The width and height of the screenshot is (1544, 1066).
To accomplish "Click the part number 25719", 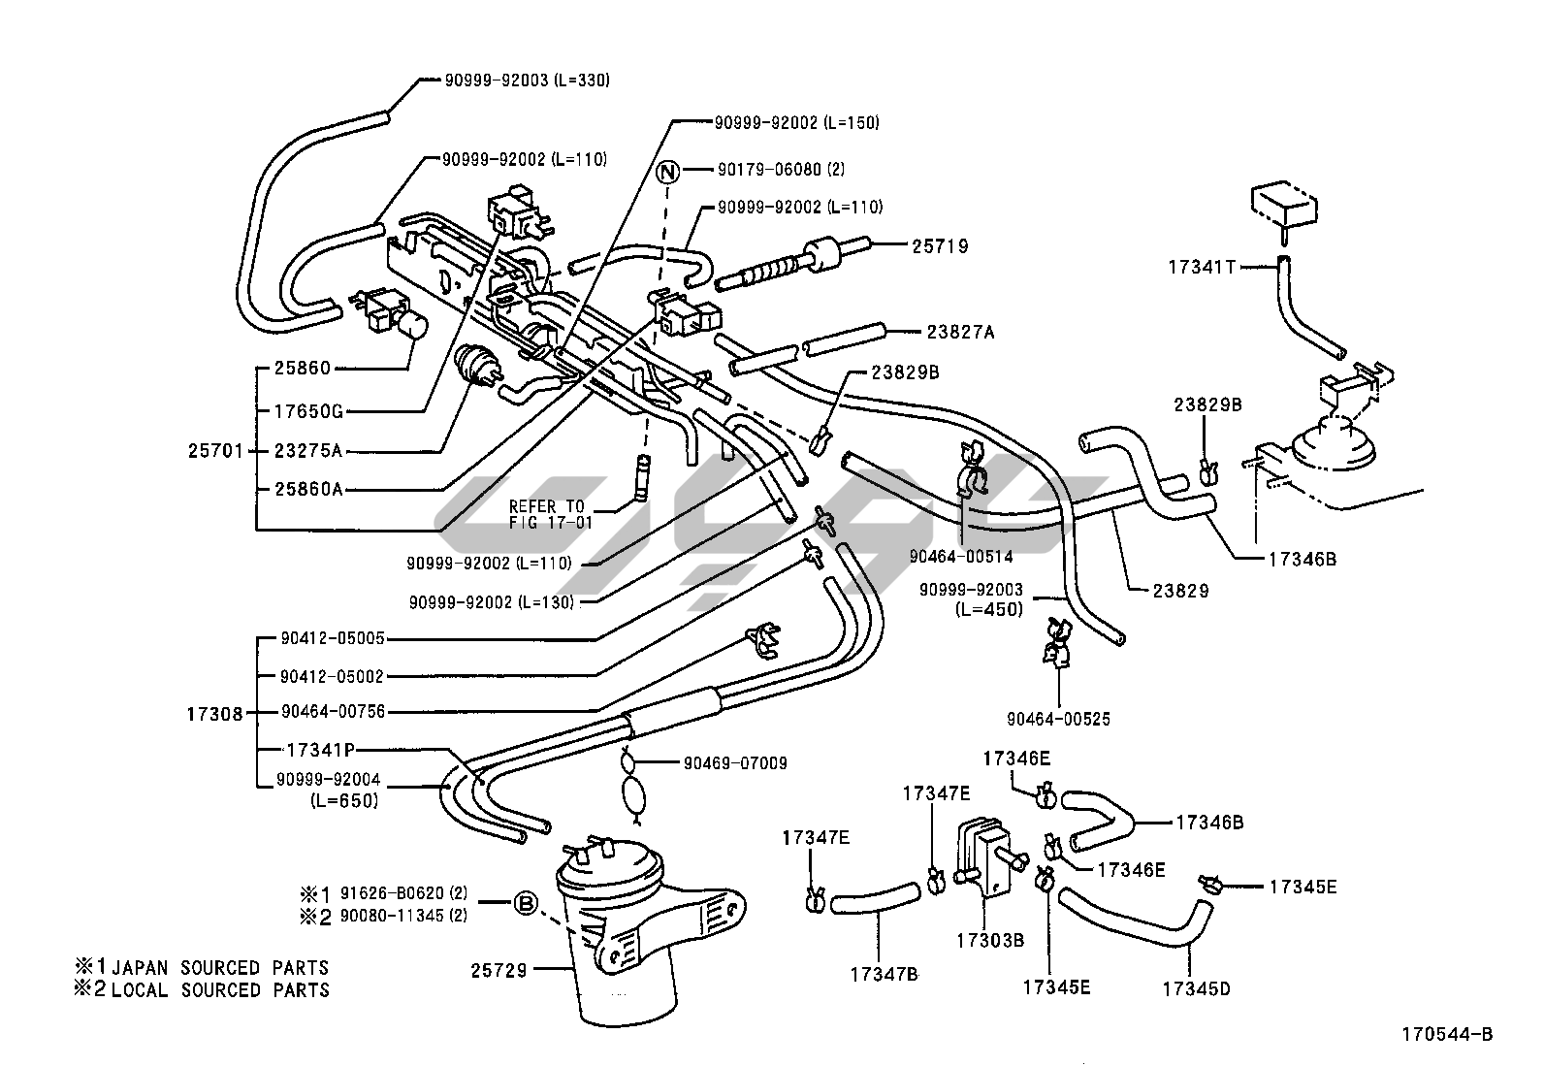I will coord(940,247).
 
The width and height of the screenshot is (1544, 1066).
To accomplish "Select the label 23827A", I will coord(960,333).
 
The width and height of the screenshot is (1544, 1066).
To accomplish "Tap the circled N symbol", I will coord(667,172).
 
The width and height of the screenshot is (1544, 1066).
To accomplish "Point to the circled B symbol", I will coord(525,904).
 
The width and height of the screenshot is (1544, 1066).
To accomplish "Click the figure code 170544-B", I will coord(1446,1034).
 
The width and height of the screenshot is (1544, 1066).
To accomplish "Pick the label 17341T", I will coord(1202,267).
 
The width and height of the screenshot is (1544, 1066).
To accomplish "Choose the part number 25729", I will coord(499,969).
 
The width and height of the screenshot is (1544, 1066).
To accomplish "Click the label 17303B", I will coord(990,940).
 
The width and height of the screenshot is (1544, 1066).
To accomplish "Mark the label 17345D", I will coord(1196,988).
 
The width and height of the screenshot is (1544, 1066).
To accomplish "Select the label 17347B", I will coord(884,973).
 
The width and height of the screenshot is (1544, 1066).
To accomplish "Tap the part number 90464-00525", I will coord(1058,719).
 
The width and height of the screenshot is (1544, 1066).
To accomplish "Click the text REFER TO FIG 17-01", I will coord(547,514).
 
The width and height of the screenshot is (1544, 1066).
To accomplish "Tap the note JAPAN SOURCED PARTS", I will coord(219,967).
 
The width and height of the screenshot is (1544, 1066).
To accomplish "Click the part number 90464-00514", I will coord(961,556).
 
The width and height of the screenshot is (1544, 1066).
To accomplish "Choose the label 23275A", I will coord(308,451).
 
